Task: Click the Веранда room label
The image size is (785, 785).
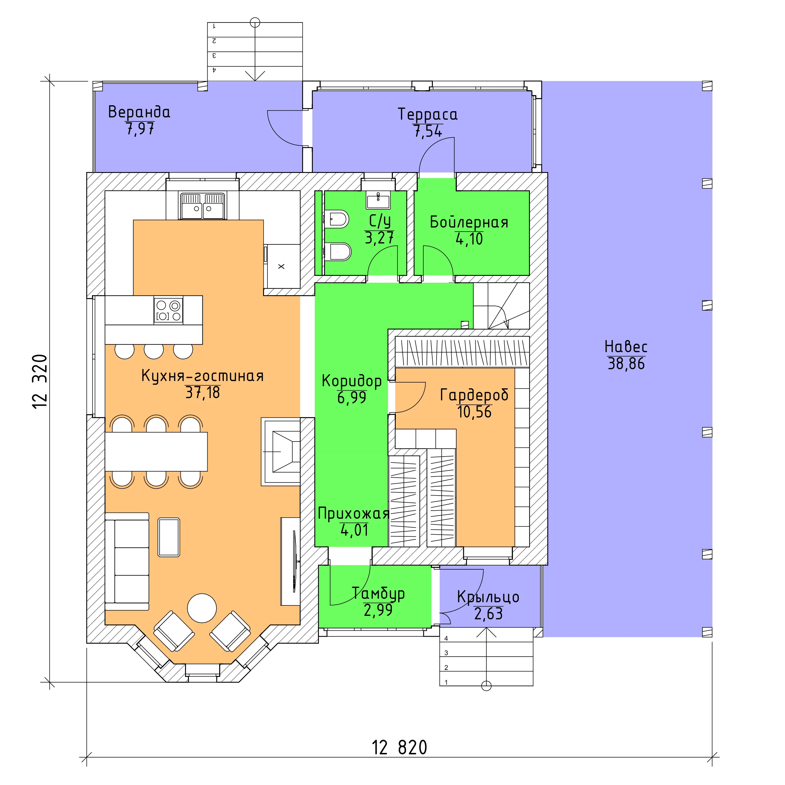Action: pos(139,112)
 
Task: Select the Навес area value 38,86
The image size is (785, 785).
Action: pos(626,364)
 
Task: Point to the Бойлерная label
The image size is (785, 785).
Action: pos(469,222)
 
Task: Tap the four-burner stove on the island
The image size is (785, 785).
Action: pos(168,310)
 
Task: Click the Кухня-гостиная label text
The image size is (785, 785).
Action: pos(202,376)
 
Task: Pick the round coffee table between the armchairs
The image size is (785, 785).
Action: pos(202,608)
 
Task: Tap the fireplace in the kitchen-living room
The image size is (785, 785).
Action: pos(281,451)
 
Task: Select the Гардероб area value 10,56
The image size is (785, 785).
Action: pos(474,412)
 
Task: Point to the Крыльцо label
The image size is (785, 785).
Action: pos(488,597)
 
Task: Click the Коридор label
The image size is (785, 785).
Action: pos(352,381)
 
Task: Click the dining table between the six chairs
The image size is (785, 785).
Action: pos(156,451)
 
